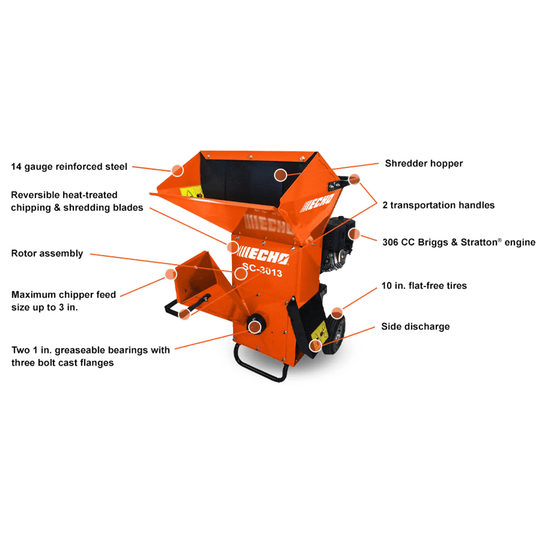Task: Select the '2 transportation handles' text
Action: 439,204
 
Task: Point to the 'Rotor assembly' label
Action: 47,253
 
